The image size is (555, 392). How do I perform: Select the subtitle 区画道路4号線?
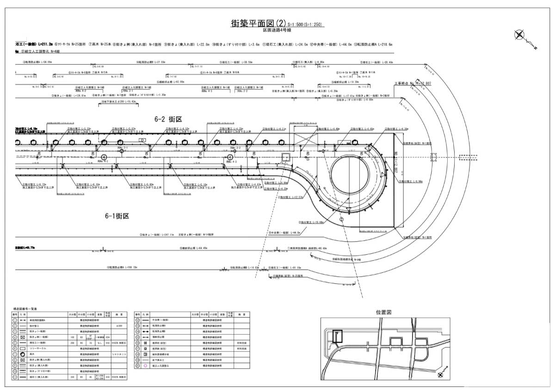click(277, 30)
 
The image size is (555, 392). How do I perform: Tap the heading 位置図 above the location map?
click(384, 312)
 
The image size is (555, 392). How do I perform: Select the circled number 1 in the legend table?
click(15, 320)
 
